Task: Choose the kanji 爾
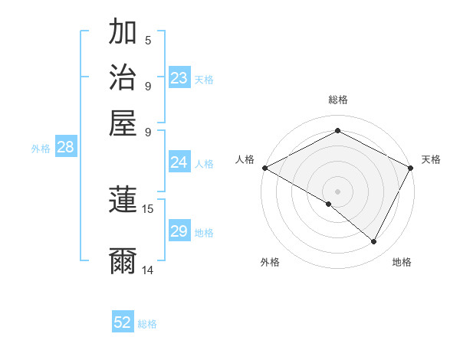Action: tap(123, 261)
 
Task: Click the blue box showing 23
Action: tap(179, 78)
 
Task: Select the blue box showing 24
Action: tap(179, 162)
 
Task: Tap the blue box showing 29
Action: tap(179, 231)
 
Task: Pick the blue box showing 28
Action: tap(65, 147)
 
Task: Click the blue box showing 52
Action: tap(123, 322)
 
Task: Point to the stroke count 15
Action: tap(148, 208)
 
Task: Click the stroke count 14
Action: tap(148, 270)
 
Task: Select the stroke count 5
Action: tap(148, 40)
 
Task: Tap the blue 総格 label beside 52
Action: tap(147, 324)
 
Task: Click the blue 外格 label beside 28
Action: tap(41, 149)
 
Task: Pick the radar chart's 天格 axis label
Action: tap(431, 159)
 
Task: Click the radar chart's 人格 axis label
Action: tap(245, 159)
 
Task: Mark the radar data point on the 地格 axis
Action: tap(374, 242)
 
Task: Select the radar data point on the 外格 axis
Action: tap(329, 204)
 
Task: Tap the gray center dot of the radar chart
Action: tap(337, 191)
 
